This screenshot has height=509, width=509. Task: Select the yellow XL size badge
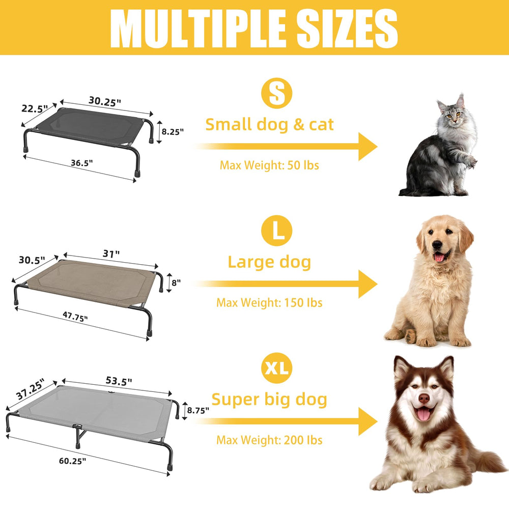[x=277, y=368]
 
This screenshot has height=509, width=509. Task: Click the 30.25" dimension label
[x=105, y=101]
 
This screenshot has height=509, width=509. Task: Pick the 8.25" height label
[x=173, y=131]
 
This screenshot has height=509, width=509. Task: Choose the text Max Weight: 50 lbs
[x=269, y=165]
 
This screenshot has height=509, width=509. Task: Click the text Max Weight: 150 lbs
[x=269, y=302]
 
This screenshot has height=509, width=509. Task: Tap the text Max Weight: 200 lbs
[x=269, y=440]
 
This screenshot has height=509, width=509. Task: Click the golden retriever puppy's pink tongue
[x=439, y=257]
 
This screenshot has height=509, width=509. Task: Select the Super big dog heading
[x=269, y=400]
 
